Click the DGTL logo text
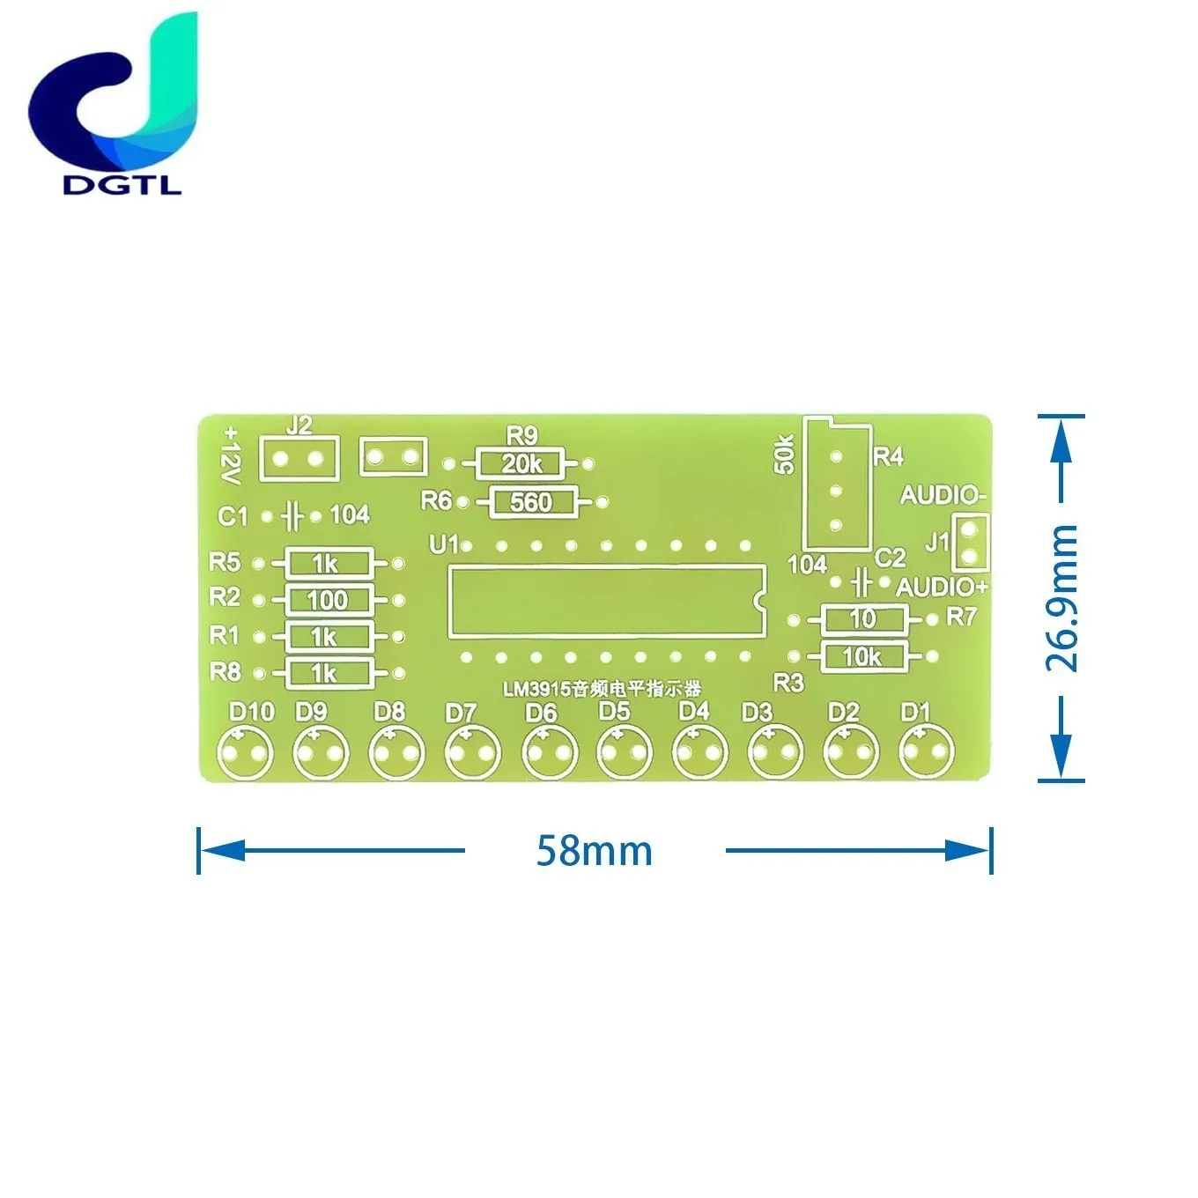point(122,185)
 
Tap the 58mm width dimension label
point(595,851)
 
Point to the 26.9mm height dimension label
point(1061,598)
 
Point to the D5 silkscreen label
point(614,711)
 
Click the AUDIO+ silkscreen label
point(942,587)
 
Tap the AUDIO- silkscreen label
point(943,495)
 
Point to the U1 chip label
point(444,544)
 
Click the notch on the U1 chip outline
point(758,601)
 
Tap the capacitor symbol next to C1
point(292,516)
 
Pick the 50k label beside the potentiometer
point(785,455)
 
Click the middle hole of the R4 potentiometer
point(836,492)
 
